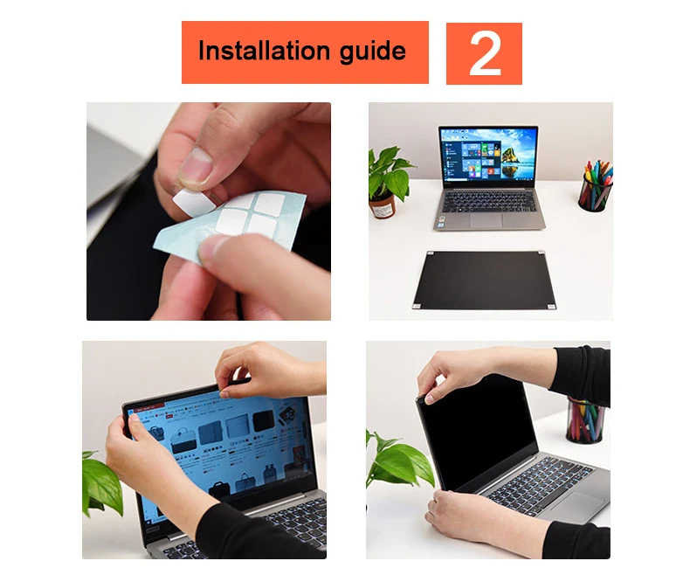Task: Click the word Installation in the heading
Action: click(x=265, y=50)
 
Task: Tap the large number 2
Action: click(x=485, y=53)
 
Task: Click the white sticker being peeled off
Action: click(x=194, y=202)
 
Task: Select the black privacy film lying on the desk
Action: click(x=484, y=280)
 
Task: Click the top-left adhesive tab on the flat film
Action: click(x=431, y=253)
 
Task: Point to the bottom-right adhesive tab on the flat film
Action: click(x=550, y=307)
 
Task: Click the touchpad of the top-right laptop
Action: click(x=486, y=220)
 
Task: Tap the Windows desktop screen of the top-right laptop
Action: click(x=488, y=154)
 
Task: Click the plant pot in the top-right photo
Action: click(x=382, y=207)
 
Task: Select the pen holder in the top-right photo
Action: click(x=594, y=193)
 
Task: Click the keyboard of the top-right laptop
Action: click(x=489, y=202)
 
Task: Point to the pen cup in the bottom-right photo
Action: click(x=585, y=420)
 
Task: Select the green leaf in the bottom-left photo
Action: click(x=102, y=484)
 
